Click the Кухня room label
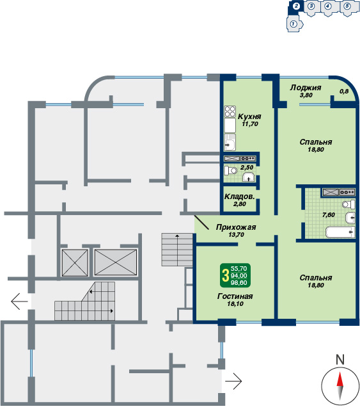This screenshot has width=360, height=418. tap(249, 117)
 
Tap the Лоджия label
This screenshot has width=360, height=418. tap(306, 88)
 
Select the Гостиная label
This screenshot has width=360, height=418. tap(235, 296)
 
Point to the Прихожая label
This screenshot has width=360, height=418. tap(236, 227)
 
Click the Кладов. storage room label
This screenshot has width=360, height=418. tap(239, 197)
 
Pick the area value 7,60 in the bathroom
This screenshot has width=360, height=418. tap(328, 215)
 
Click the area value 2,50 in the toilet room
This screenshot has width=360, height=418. tap(247, 168)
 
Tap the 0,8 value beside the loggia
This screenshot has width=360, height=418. tap(344, 91)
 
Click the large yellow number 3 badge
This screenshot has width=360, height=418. tap(226, 275)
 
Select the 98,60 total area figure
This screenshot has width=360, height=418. tap(239, 282)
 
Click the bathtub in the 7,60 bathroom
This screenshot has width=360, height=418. tap(340, 232)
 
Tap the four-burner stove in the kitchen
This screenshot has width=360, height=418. tap(230, 111)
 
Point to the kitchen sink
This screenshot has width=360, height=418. tap(230, 142)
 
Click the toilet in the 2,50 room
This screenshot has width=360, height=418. tap(231, 170)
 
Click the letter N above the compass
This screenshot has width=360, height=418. tap(340, 360)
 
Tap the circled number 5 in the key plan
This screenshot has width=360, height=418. tap(347, 6)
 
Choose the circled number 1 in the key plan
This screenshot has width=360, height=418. tap(293, 24)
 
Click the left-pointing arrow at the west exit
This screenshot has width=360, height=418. tap(19, 301)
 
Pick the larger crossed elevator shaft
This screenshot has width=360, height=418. tap(116, 262)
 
